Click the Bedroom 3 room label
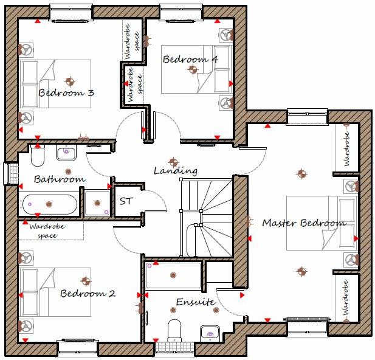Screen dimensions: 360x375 point(66,93)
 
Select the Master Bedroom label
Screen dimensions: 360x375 point(303,223)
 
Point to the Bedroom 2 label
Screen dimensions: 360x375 point(88,294)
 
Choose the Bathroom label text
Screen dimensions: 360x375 point(59,179)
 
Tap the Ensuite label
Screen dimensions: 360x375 point(195,302)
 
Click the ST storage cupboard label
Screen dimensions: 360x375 point(126,201)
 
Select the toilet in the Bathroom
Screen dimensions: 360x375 point(38,156)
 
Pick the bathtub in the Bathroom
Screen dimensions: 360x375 point(50,204)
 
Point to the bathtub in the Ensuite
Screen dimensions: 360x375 point(173,275)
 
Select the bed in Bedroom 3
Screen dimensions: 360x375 point(55,83)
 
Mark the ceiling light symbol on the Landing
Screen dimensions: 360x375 point(173,162)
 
